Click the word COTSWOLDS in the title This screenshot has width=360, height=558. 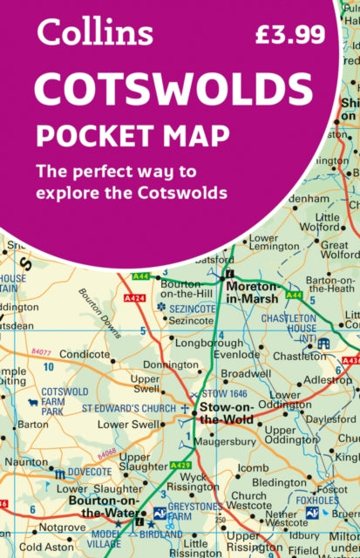click(173, 90)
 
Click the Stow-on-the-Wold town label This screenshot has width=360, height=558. click(228, 413)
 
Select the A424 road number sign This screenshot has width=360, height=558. click(135, 297)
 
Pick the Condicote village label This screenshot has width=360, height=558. click(85, 355)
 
